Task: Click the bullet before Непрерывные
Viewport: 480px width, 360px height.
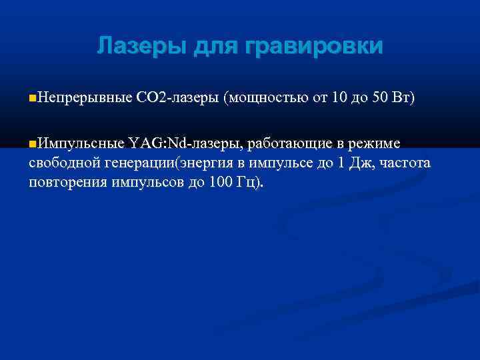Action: click(33, 99)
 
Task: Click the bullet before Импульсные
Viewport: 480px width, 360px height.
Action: click(33, 143)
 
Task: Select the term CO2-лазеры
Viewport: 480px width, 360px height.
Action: click(177, 99)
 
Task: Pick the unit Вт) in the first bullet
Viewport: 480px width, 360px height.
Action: click(405, 99)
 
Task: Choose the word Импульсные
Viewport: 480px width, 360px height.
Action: click(81, 143)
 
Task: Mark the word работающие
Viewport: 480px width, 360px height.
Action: click(287, 144)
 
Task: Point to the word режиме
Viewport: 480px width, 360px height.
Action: click(375, 144)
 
